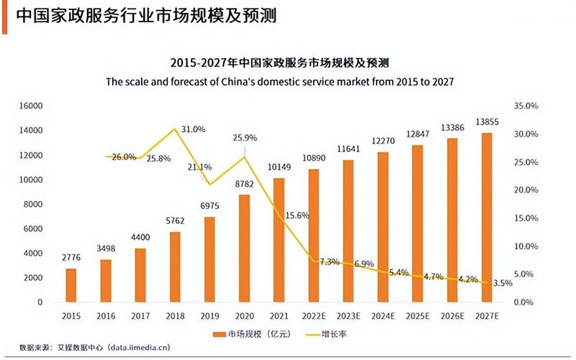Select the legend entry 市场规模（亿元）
(246, 334)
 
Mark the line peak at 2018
(175, 130)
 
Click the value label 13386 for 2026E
(452, 129)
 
